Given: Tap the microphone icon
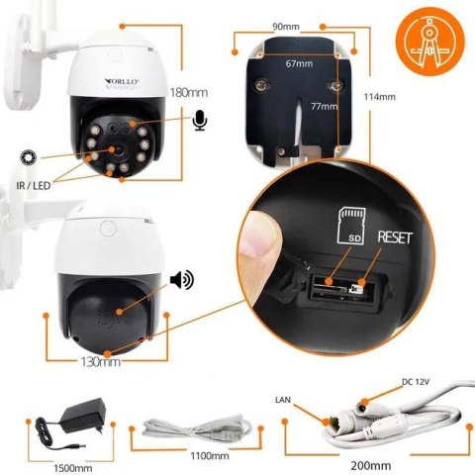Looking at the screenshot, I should (x=200, y=122).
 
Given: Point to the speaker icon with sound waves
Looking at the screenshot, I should (x=182, y=280).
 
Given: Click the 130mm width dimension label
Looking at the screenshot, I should (x=100, y=362).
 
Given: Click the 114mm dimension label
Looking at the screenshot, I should (x=379, y=97).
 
